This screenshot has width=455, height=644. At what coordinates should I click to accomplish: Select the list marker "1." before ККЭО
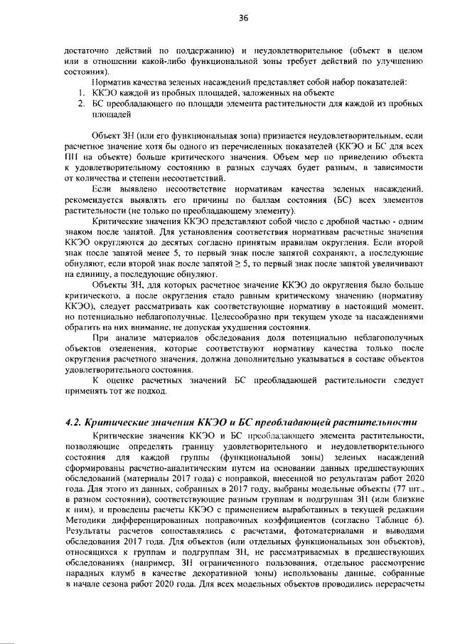coord(82,94)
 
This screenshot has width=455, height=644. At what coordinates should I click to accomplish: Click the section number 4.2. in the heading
coord(75,421)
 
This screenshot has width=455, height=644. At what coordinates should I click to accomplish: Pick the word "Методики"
coord(85,519)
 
